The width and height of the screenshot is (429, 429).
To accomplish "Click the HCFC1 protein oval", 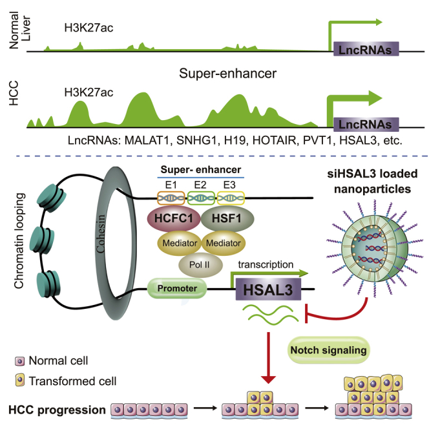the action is tap(174, 218).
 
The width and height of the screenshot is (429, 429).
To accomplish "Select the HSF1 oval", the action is tap(227, 218).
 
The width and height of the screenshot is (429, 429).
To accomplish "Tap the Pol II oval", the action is tap(200, 265).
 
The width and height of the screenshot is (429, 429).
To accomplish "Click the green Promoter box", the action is tap(177, 288).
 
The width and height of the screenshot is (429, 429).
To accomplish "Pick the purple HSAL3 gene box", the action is tap(268, 289).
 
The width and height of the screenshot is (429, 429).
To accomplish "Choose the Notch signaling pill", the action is tap(328, 350).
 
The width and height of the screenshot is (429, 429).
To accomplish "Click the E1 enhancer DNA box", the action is tap(171, 198).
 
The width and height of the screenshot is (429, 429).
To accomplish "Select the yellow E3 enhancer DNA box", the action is tap(231, 198).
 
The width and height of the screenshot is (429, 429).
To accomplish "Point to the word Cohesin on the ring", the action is tap(101, 234).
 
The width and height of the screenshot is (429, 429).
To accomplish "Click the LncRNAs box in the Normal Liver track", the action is tap(366, 49).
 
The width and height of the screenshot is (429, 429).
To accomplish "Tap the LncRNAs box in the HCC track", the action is tap(366, 125).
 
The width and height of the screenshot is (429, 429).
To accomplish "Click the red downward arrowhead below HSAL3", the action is tap(268, 380).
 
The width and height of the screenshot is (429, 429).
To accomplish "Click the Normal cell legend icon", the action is tap(19, 361).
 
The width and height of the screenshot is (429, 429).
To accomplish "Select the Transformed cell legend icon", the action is tap(19, 381).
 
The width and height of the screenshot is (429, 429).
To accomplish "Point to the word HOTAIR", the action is tap(274, 141).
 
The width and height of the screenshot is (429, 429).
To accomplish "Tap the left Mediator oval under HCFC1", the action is tap(180, 243).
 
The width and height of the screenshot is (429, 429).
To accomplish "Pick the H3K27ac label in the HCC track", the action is tap(89, 92).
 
